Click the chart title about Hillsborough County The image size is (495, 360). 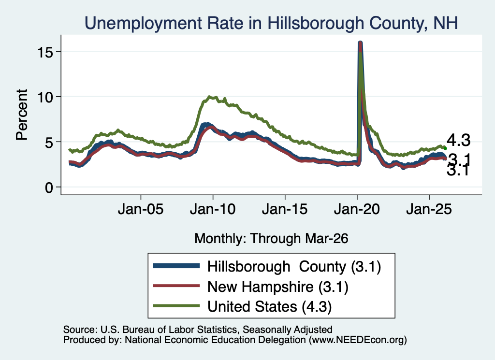[271, 23]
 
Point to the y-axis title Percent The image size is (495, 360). [22, 115]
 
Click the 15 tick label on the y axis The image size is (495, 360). [44, 52]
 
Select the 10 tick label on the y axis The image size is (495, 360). [44, 97]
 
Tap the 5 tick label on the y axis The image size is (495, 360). [49, 142]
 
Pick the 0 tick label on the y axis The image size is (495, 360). [49, 187]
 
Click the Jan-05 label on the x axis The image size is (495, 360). [141, 209]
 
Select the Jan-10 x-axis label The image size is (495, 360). [213, 209]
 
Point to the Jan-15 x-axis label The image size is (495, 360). [285, 209]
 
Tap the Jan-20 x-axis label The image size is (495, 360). [357, 209]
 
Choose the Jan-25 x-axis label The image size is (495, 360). [429, 209]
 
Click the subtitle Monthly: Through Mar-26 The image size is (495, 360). [271, 239]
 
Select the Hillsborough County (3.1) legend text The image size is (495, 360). [294, 267]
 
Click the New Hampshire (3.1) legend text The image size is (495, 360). [278, 287]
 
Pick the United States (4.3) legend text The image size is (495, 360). [270, 306]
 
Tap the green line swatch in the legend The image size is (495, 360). [176, 305]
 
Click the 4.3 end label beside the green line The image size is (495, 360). [458, 140]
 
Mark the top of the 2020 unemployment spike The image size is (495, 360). [360, 42]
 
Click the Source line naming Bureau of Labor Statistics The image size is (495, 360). [198, 330]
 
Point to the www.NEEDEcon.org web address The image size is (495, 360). [357, 340]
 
